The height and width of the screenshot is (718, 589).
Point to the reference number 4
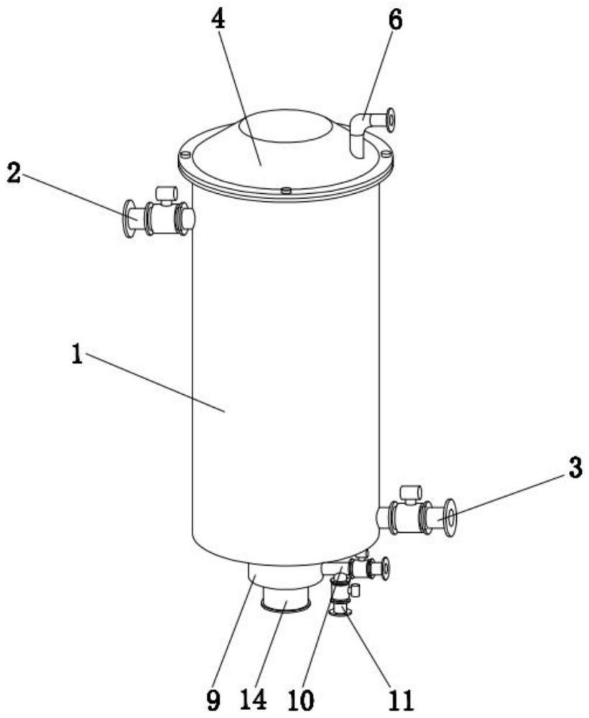[217, 20]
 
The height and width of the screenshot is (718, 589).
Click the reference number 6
[394, 19]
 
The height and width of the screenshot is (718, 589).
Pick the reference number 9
[213, 698]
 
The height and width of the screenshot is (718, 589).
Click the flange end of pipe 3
[451, 518]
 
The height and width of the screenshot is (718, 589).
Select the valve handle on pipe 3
[410, 492]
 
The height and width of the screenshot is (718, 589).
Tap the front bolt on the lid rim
[285, 190]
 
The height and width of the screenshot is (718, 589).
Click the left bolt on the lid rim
[185, 154]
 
